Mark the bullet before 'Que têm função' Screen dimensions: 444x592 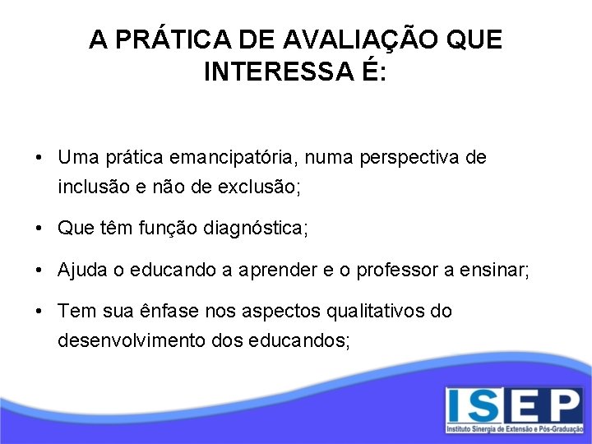click(x=40, y=229)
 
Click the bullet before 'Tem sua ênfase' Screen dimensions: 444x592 click(x=40, y=312)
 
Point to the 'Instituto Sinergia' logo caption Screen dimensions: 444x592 click(x=514, y=429)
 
